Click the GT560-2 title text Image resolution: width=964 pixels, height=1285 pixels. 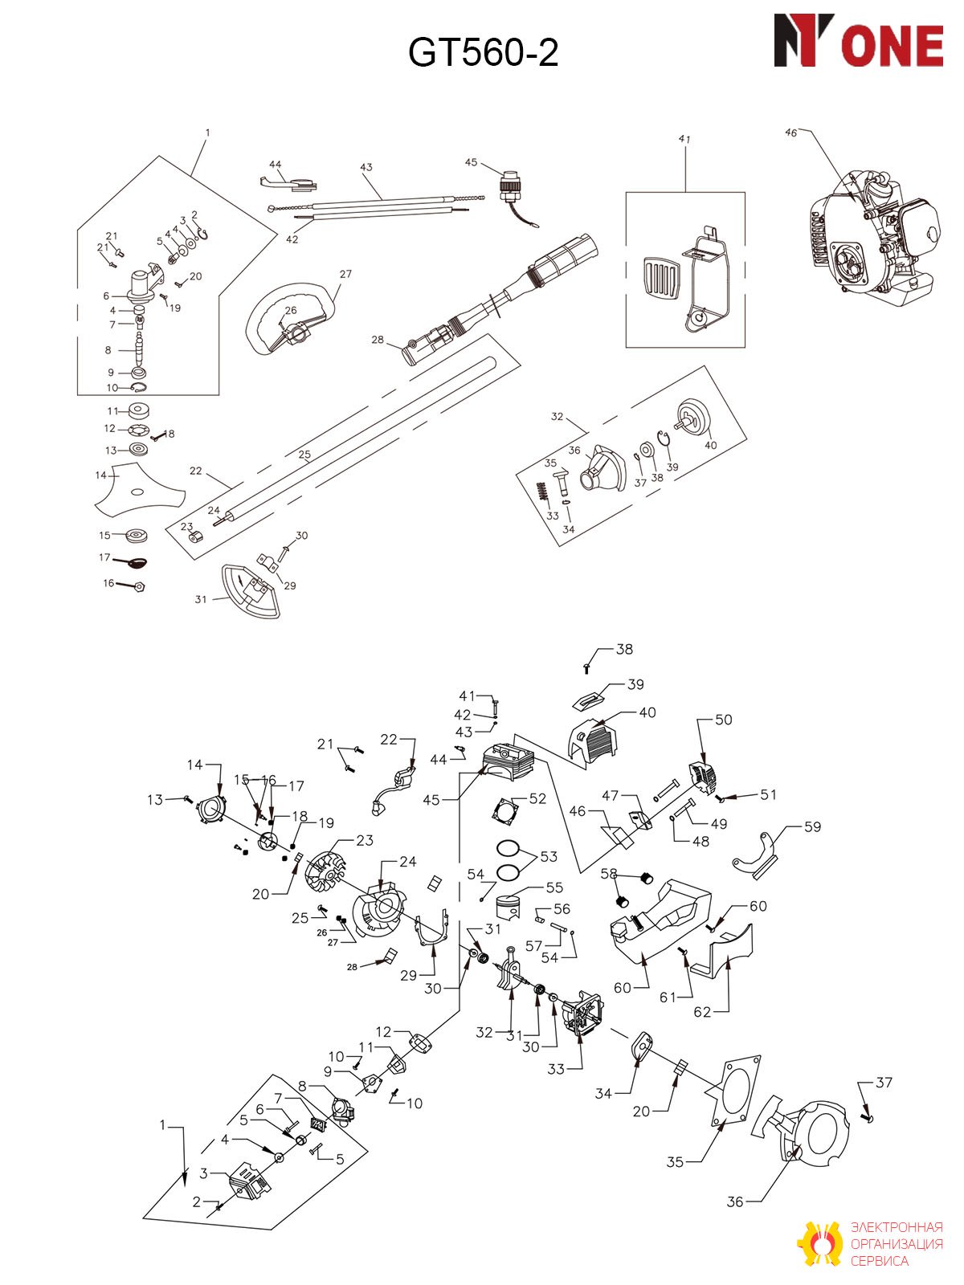click(x=483, y=53)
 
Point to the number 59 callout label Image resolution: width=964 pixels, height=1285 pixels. click(x=812, y=826)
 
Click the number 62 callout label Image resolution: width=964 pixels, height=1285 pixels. click(x=702, y=1012)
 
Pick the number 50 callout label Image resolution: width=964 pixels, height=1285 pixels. click(x=724, y=720)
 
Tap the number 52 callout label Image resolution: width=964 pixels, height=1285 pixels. click(x=537, y=798)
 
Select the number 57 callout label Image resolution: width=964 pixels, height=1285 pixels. click(x=533, y=945)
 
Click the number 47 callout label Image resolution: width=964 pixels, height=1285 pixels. click(x=610, y=795)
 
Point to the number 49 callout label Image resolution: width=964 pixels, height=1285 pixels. click(x=719, y=824)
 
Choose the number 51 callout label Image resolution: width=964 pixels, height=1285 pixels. click(x=768, y=794)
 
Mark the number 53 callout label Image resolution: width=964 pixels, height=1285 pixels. click(x=549, y=856)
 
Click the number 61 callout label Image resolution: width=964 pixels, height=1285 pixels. click(x=668, y=997)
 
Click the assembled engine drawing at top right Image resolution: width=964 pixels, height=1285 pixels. click(x=874, y=240)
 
